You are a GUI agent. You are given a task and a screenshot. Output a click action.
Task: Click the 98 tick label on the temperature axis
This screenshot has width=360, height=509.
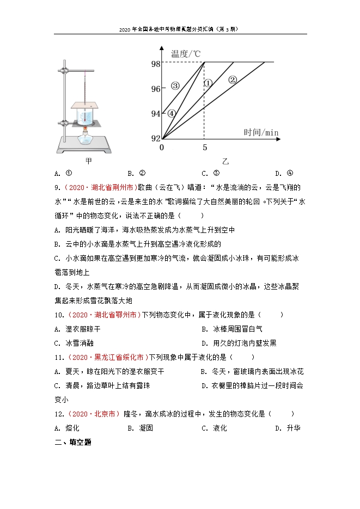click(156, 64)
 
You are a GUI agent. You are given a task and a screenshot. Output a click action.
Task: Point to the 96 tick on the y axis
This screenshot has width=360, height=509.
click(156, 88)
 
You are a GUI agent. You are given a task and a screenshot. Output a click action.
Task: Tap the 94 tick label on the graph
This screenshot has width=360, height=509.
click(156, 113)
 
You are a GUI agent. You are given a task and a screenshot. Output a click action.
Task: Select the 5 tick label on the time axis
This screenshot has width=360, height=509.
click(205, 148)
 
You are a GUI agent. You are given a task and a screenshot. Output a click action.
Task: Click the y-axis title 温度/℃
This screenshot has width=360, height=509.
click(186, 53)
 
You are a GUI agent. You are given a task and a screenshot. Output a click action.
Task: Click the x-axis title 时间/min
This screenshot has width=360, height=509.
click(261, 132)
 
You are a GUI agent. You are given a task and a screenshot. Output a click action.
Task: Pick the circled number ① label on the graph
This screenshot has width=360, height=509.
click(208, 83)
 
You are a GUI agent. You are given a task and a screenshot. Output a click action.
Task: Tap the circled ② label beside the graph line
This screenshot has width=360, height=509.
click(233, 79)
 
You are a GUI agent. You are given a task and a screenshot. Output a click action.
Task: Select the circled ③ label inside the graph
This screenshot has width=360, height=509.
click(175, 85)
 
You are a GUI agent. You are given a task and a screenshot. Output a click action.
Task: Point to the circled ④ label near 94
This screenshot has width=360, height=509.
click(172, 113)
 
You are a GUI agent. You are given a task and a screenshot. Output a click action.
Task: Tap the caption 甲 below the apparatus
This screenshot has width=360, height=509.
click(89, 161)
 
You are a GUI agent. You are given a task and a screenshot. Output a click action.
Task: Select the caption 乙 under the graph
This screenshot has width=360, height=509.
click(225, 162)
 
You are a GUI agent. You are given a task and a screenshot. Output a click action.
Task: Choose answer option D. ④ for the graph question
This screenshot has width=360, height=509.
click(284, 174)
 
